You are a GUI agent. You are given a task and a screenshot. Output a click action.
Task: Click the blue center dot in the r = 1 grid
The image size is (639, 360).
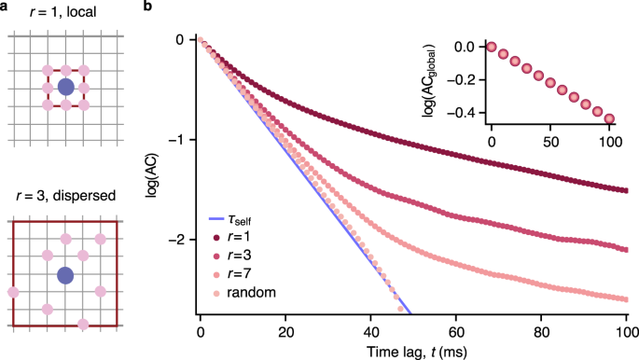tap(65, 87)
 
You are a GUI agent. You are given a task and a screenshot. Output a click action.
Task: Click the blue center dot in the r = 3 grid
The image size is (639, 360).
tap(65, 276)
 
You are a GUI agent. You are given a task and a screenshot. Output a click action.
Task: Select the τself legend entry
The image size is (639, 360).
tap(229, 220)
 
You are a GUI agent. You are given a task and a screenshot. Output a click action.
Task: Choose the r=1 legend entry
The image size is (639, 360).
tap(232, 237)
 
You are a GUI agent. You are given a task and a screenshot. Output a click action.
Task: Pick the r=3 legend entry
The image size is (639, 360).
tap(232, 256)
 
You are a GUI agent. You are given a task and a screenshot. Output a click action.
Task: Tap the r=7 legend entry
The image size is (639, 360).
tap(232, 274)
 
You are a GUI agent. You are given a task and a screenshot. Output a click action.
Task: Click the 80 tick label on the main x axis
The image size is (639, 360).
tap(541, 332)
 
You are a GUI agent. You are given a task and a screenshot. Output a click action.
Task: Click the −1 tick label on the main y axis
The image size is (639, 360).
tap(179, 140)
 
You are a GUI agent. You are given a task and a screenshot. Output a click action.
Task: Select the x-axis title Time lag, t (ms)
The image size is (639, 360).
tap(416, 351)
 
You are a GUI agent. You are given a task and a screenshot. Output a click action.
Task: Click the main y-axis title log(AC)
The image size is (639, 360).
tap(151, 176)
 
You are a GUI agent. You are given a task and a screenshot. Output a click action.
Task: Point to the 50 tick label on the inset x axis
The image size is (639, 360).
tap(550, 142)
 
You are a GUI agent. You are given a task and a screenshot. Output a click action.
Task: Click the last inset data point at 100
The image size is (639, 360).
tap(609, 119)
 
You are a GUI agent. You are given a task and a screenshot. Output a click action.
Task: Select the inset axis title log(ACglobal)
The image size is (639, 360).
tap(429, 81)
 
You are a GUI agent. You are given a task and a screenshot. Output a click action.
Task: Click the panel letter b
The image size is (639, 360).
tap(147, 6)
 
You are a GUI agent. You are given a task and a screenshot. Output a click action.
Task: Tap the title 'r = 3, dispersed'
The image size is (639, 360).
tap(66, 196)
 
